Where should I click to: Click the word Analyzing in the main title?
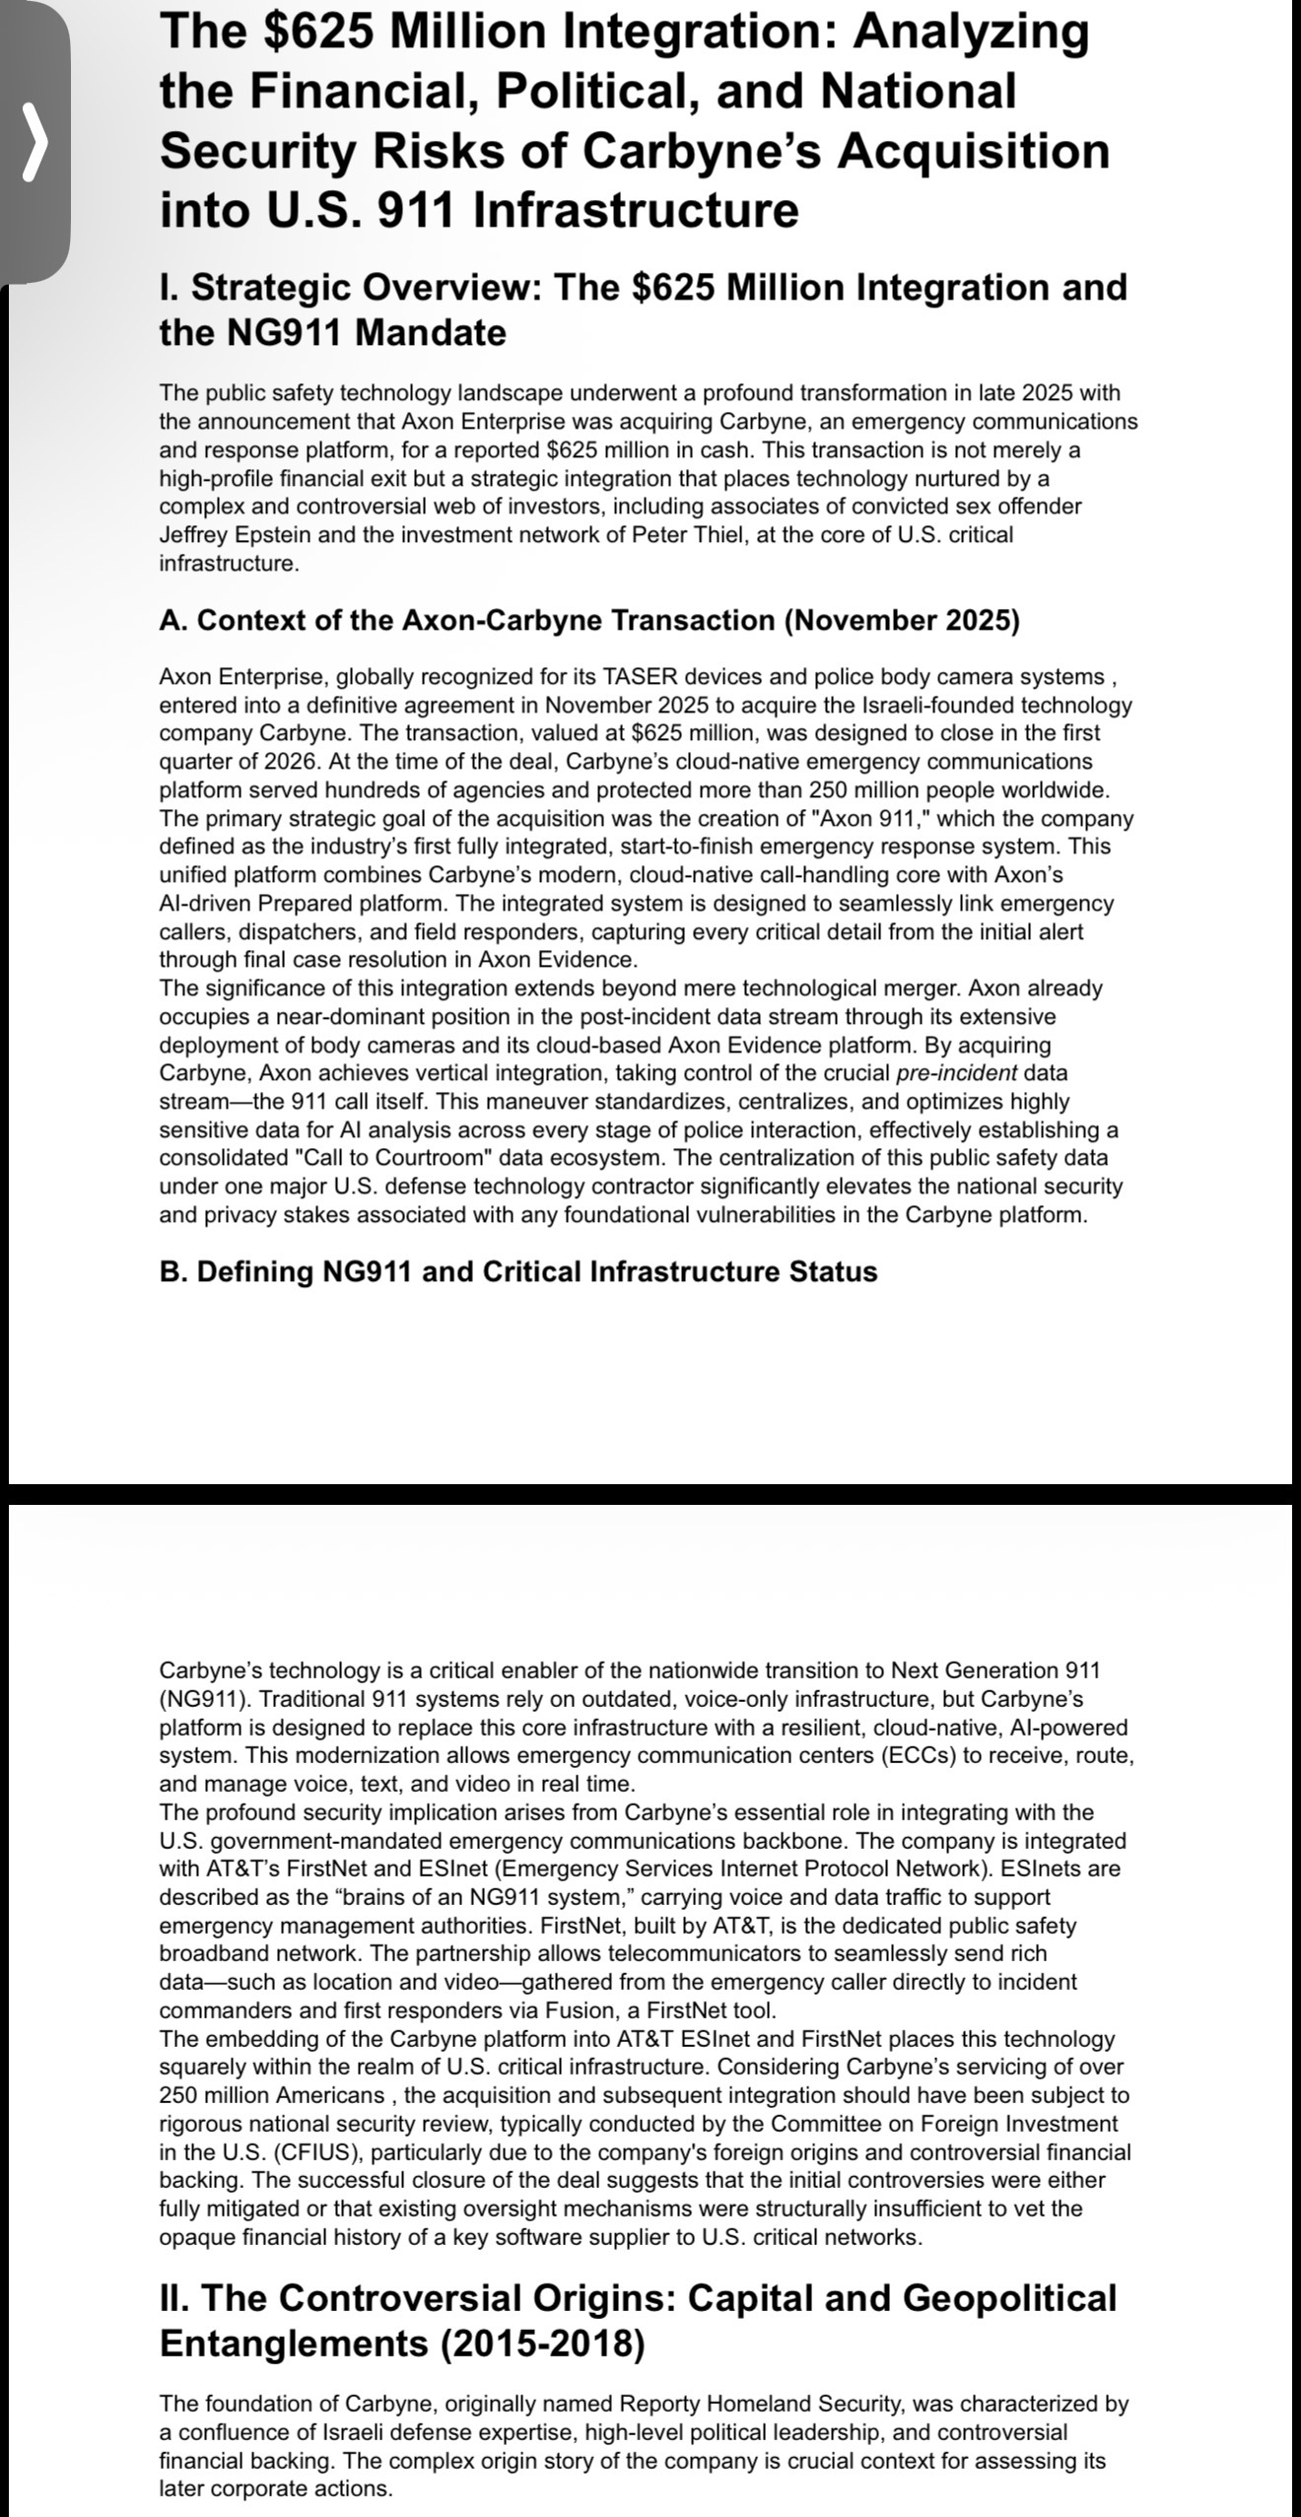click(971, 32)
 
